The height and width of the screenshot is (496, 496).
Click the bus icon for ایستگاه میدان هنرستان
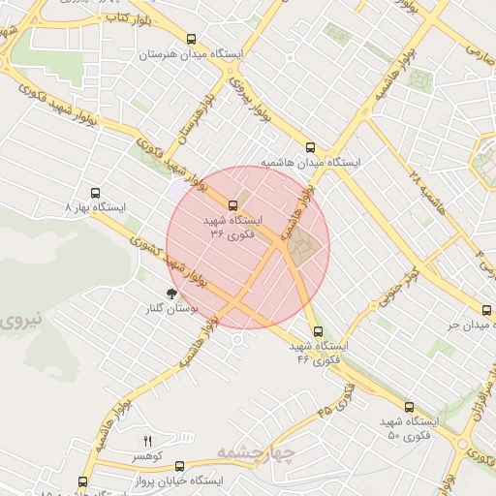[x=191, y=40]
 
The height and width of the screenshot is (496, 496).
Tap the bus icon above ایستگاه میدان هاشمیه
[x=310, y=147]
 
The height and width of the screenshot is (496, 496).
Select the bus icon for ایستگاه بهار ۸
[x=94, y=193]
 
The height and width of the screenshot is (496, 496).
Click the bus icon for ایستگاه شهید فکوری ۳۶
[x=232, y=205]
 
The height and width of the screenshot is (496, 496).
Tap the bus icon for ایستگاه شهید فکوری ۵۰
[x=408, y=407]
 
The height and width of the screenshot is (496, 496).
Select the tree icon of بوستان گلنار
[x=170, y=293]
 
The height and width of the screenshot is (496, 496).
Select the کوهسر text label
[x=148, y=455]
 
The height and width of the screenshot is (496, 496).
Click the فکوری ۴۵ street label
[x=336, y=401]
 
